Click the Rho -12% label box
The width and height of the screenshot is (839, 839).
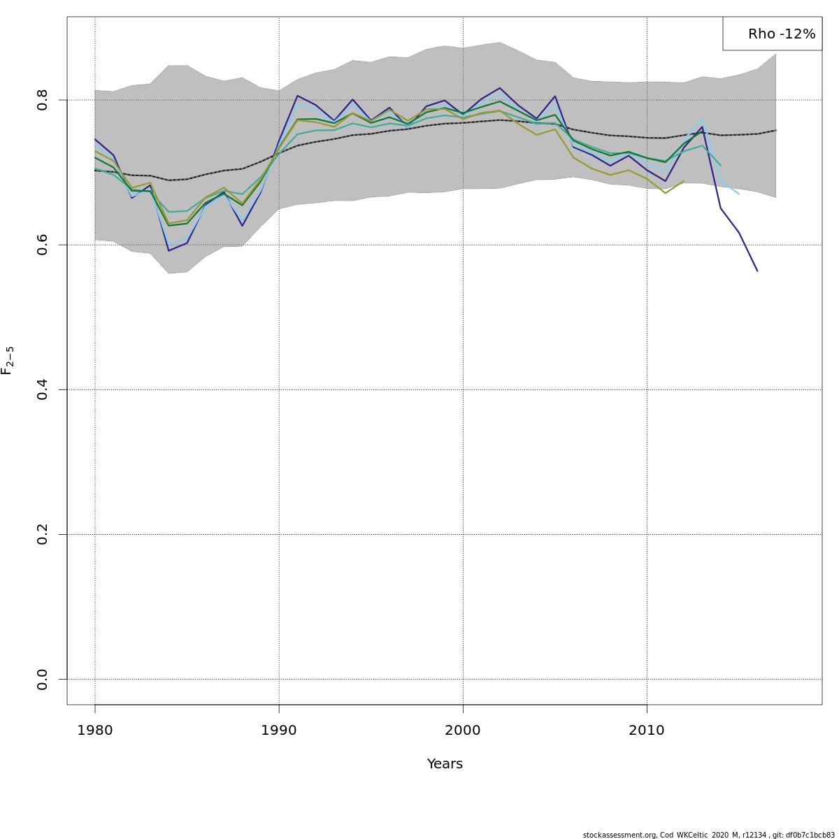pyautogui.click(x=773, y=34)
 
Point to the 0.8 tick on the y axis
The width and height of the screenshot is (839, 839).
pyautogui.click(x=43, y=100)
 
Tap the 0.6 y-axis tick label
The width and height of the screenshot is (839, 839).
pyautogui.click(x=43, y=245)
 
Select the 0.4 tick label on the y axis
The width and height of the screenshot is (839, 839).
pyautogui.click(x=43, y=389)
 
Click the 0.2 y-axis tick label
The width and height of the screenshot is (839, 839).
pyautogui.click(x=43, y=534)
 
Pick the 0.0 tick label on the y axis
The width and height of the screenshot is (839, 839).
pyautogui.click(x=43, y=679)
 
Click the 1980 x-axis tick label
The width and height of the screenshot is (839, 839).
pyautogui.click(x=95, y=731)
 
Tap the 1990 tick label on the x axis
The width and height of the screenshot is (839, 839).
pyautogui.click(x=279, y=731)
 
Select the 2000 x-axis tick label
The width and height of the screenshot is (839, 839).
pyautogui.click(x=463, y=731)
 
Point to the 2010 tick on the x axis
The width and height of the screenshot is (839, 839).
pyautogui.click(x=647, y=731)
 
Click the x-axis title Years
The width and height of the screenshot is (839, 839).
pyautogui.click(x=445, y=764)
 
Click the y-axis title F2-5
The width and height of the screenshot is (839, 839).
pyautogui.click(x=8, y=360)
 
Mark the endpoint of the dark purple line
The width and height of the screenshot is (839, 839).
pyautogui.click(x=757, y=271)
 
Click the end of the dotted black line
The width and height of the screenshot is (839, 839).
pyautogui.click(x=775, y=130)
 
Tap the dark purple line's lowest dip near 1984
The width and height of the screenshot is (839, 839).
pyautogui.click(x=168, y=250)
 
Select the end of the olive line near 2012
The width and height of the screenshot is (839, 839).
pyautogui.click(x=684, y=181)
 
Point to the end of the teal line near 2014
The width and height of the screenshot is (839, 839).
pyautogui.click(x=720, y=166)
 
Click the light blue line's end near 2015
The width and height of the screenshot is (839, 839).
pyautogui.click(x=739, y=194)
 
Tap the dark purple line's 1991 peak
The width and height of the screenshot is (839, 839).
pyautogui.click(x=297, y=96)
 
